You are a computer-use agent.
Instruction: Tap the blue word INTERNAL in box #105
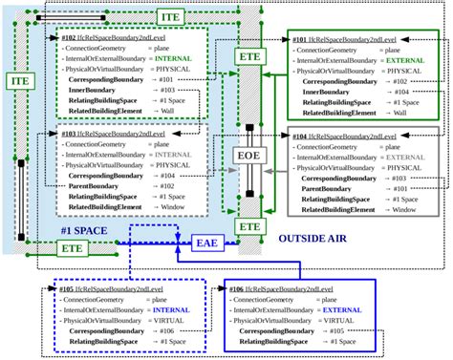point(175,312)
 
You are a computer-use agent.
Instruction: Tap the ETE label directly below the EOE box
point(248,226)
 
